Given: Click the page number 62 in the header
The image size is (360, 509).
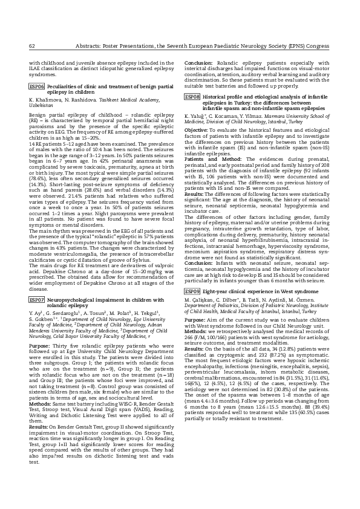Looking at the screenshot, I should [33, 45].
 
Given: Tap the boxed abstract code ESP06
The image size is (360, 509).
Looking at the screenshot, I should [37, 87].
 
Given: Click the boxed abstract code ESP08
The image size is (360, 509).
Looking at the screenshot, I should [192, 97].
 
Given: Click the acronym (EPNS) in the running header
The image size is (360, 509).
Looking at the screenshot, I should [299, 45].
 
